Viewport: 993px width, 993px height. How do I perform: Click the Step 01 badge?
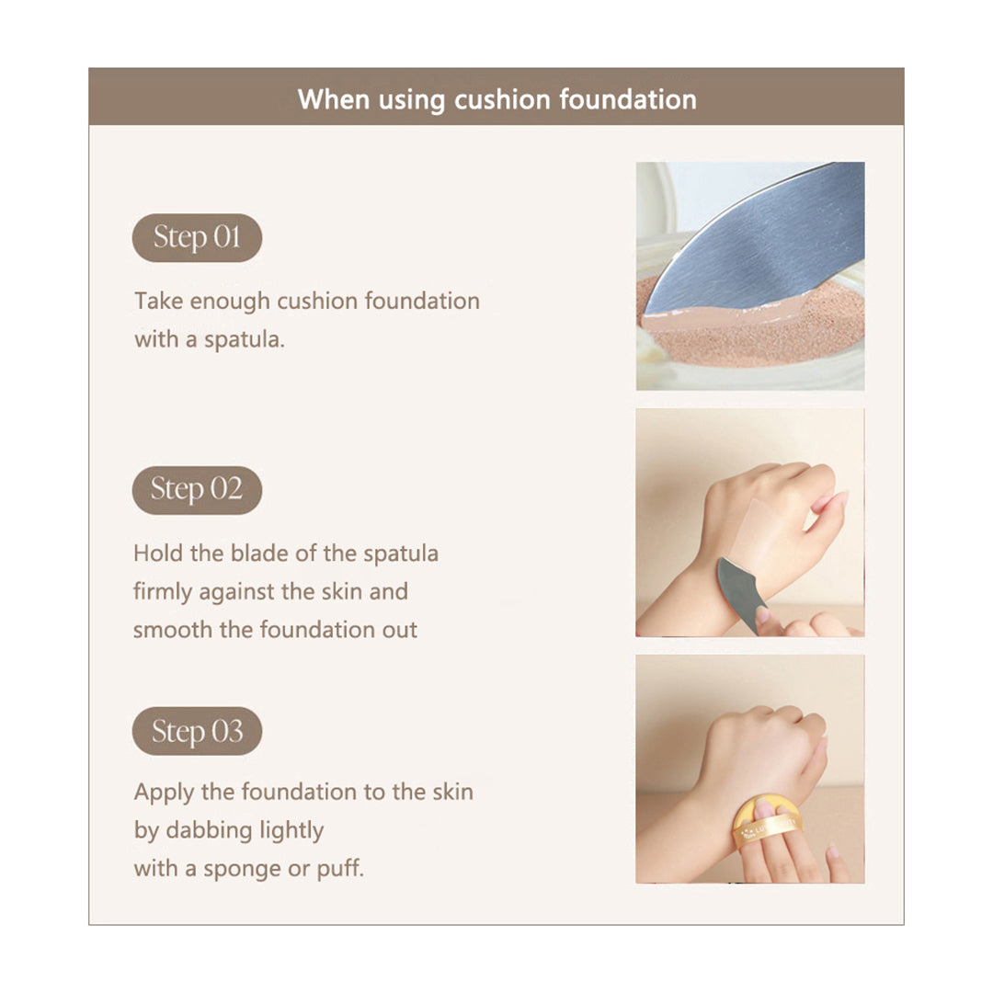[x=197, y=237]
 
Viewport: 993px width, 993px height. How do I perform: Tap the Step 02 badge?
[x=197, y=489]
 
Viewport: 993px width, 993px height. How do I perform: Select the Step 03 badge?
[x=197, y=731]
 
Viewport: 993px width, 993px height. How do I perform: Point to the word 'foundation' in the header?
[x=628, y=99]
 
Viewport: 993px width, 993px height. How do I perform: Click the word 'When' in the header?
[x=334, y=99]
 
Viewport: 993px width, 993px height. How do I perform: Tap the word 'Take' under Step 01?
[x=158, y=301]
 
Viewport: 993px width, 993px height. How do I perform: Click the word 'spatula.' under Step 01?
[x=244, y=340]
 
